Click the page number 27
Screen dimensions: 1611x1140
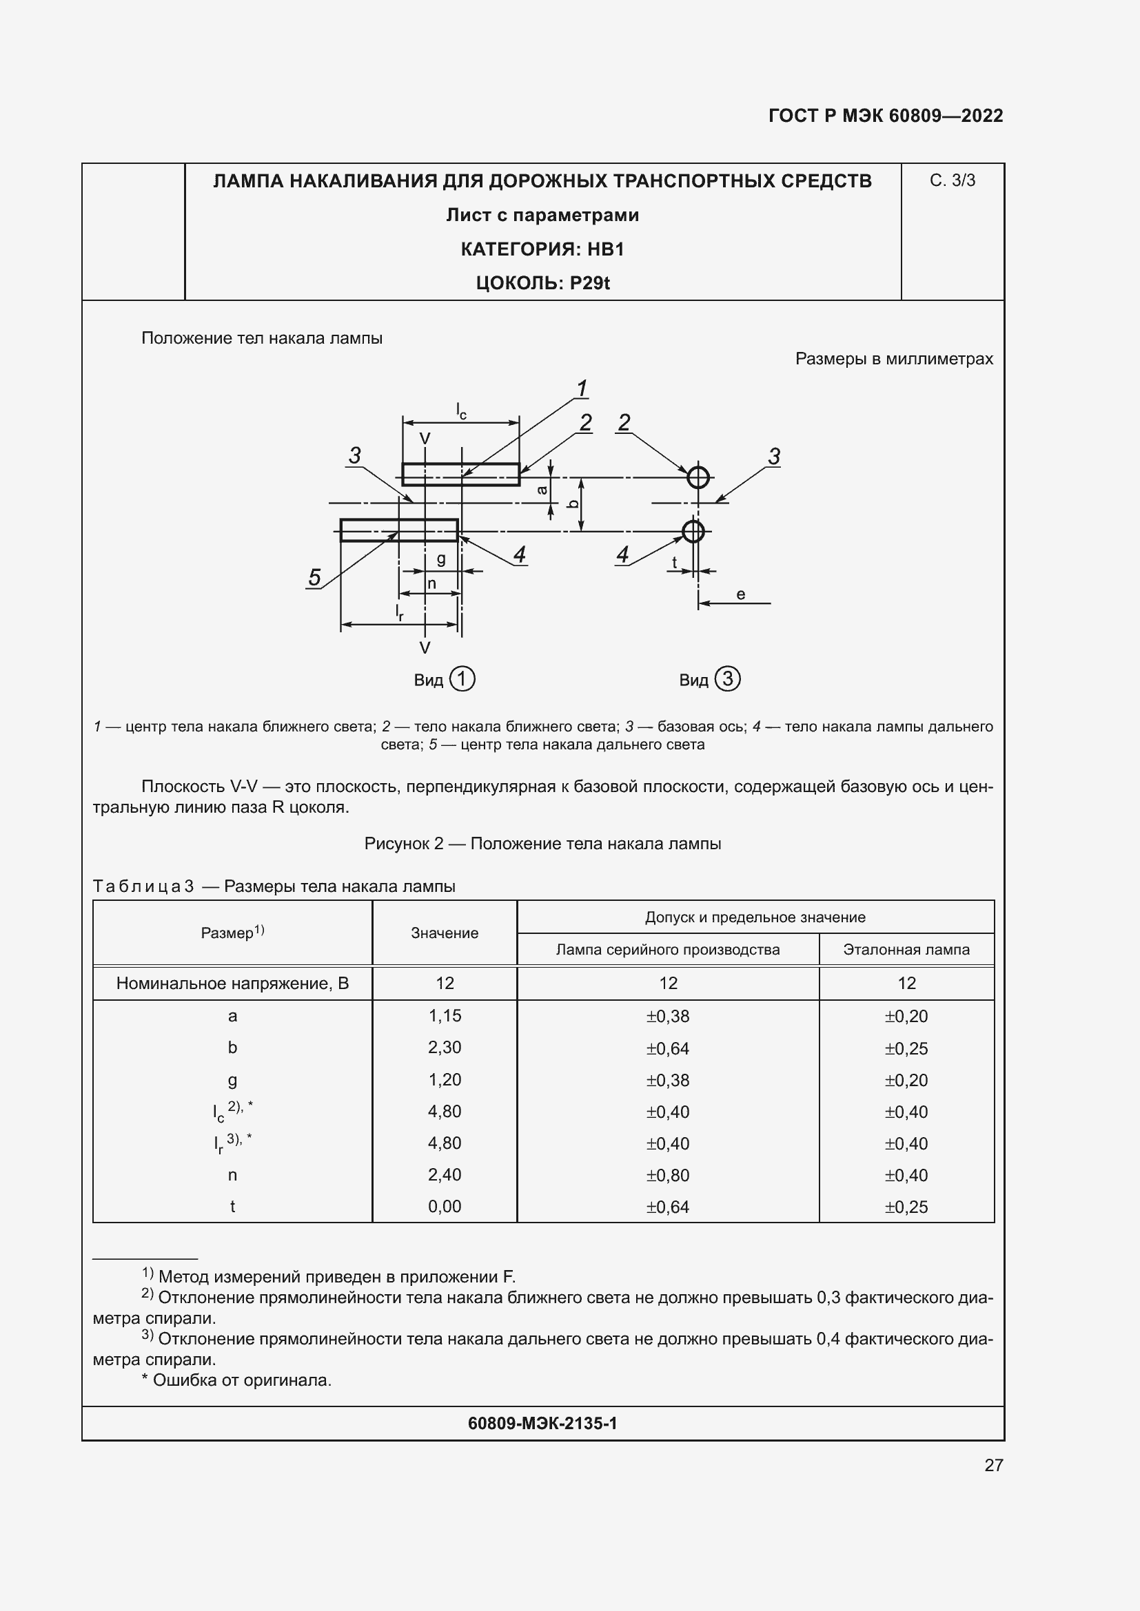point(993,1465)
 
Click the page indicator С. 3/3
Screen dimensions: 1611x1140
point(952,180)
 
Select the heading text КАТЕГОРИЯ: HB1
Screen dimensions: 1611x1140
point(542,249)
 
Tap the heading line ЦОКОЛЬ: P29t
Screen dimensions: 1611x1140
point(542,283)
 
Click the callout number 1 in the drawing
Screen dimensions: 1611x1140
point(581,388)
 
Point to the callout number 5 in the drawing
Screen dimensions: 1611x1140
point(314,577)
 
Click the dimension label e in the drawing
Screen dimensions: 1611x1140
point(740,594)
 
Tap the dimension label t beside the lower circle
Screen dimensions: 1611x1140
point(675,562)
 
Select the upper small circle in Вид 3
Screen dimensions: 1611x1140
point(698,477)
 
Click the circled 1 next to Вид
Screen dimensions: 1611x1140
point(462,679)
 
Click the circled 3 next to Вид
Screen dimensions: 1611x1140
point(727,678)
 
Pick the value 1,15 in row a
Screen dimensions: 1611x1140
point(445,1015)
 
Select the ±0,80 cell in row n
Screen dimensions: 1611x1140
point(668,1174)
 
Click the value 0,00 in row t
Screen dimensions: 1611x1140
point(445,1206)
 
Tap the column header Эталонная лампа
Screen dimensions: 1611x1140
point(906,949)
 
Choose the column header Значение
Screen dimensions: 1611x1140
point(445,933)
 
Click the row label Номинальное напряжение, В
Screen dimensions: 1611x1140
point(232,983)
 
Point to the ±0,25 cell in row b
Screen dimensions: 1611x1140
point(906,1048)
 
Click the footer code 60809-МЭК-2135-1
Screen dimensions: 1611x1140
point(542,1423)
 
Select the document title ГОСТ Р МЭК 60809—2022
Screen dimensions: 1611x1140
point(885,116)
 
